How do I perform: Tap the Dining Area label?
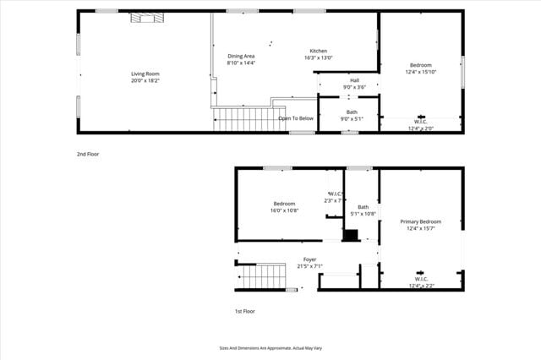pos(241,57)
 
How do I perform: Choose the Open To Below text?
pos(296,118)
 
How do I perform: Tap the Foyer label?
pos(310,259)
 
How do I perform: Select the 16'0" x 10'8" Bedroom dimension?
pos(284,210)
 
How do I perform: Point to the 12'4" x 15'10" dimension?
pos(421,72)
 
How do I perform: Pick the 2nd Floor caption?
pos(88,154)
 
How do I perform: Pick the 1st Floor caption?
pos(245,311)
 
